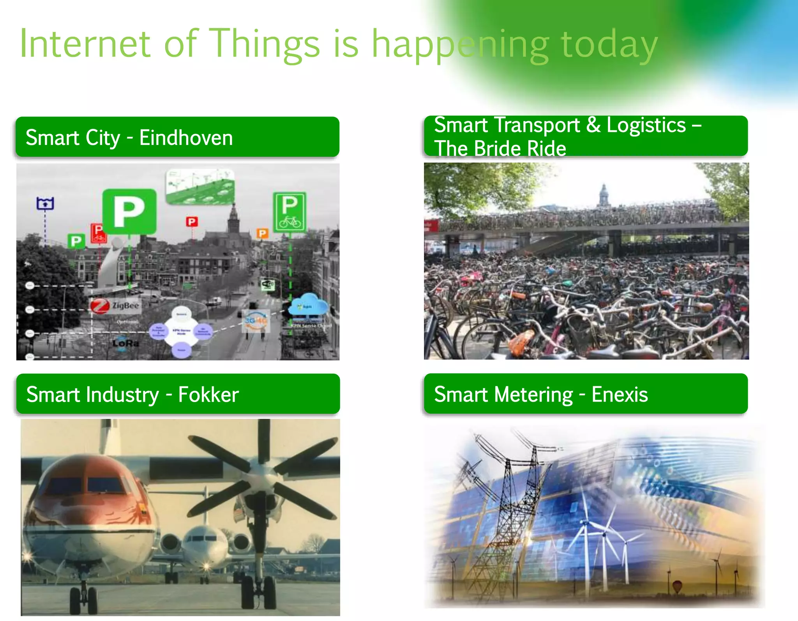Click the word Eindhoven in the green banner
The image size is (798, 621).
coord(186,138)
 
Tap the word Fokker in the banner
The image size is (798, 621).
coord(208,395)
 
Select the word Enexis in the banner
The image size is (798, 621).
coord(620,395)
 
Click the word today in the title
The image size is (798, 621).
coord(609,44)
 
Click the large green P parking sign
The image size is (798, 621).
coord(129,212)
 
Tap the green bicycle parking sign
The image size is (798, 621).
coord(290,212)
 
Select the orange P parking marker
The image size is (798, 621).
coord(262,233)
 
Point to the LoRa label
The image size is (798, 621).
coord(125,343)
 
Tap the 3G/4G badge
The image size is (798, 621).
coord(256,321)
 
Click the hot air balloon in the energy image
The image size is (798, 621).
coord(677,586)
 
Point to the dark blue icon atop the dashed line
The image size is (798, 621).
coord(45,203)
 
